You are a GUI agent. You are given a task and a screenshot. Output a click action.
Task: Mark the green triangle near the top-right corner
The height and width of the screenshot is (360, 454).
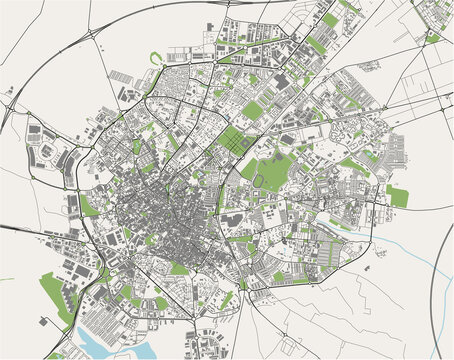(432, 38)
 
